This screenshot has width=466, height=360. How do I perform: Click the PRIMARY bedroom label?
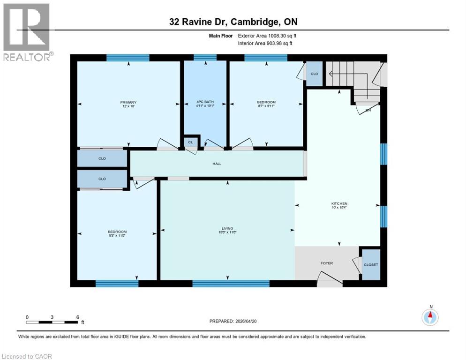point(128,102)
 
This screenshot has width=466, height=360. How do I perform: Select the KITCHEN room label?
point(339,203)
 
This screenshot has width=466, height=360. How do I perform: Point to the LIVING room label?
point(227,228)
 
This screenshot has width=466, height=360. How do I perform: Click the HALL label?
point(217,164)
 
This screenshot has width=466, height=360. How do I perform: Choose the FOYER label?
point(326,263)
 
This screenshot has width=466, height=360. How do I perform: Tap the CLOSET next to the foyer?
point(371,265)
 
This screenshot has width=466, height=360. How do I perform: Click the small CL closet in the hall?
point(190,142)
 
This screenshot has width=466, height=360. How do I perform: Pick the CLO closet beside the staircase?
point(314,74)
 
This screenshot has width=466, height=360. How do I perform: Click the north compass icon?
point(430,317)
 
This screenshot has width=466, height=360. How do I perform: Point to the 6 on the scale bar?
point(77,317)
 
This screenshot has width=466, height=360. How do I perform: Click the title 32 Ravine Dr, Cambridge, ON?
point(233,22)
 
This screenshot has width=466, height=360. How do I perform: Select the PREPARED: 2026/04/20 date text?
point(233,321)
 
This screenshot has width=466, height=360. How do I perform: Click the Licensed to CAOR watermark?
point(27,356)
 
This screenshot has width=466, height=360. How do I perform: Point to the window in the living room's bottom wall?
point(231,283)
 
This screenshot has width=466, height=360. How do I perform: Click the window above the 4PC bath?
point(205,58)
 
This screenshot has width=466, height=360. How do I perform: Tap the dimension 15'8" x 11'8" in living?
point(227,233)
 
